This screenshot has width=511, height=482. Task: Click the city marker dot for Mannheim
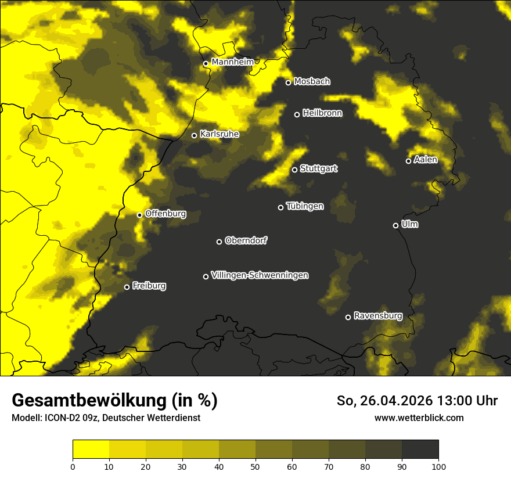(206, 64)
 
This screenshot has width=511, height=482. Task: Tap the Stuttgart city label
(318, 169)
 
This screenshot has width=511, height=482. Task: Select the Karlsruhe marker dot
(195, 136)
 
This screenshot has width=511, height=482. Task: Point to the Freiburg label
(149, 286)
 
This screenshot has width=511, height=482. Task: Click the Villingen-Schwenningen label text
(260, 275)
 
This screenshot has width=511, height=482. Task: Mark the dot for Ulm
(395, 226)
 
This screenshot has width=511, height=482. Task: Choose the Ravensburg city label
(377, 316)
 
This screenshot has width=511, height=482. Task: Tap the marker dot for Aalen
(408, 161)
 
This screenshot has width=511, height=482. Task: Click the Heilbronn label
(322, 113)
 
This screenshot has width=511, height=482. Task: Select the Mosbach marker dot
(288, 82)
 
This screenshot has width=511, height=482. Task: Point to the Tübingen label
(304, 206)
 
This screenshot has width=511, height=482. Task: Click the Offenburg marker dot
(139, 215)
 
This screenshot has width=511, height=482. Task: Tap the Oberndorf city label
(246, 240)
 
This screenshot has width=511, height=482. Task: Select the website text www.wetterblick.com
(419, 418)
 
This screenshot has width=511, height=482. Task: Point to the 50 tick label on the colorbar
(255, 466)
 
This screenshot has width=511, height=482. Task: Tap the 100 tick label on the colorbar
(438, 466)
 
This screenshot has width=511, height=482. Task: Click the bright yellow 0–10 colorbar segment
(91, 449)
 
